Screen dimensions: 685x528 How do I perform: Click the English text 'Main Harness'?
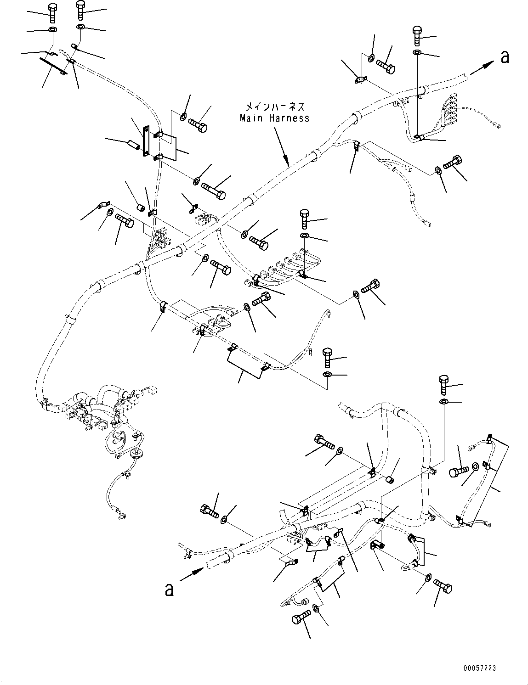click(274, 118)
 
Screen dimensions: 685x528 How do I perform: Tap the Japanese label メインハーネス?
click(274, 107)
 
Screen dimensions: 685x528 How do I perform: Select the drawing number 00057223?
click(480, 669)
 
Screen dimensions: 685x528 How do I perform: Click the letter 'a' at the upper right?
click(505, 57)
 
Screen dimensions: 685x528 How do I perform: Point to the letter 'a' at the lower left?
click(169, 589)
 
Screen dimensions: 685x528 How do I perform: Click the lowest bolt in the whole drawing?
click(299, 618)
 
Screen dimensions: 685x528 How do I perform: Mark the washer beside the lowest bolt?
click(317, 608)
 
